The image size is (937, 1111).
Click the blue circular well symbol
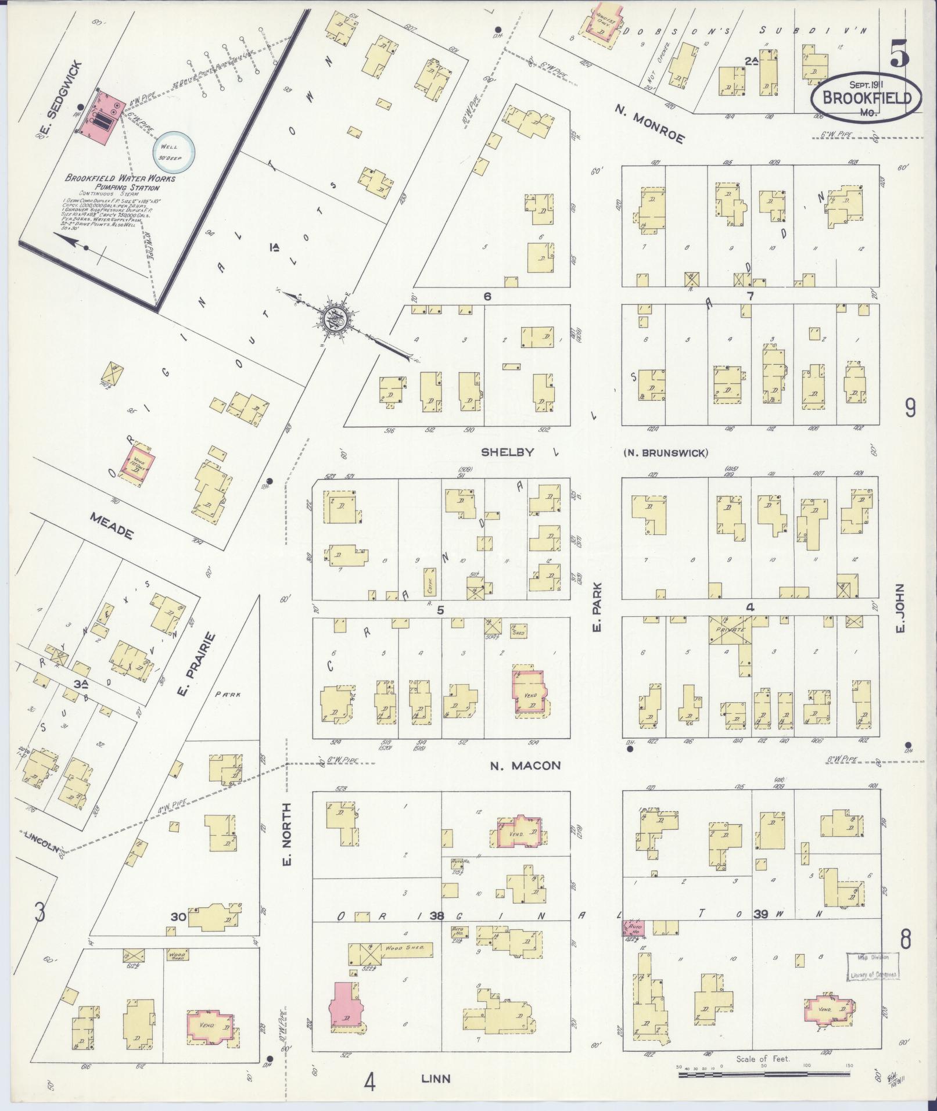tap(173, 151)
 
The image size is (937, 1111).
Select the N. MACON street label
tap(525, 765)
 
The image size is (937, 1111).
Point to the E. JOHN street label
tap(901, 608)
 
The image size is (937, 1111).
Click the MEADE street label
tap(111, 525)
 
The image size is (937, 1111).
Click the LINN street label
tap(436, 1078)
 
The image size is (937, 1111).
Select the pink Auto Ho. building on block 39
tap(633, 929)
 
